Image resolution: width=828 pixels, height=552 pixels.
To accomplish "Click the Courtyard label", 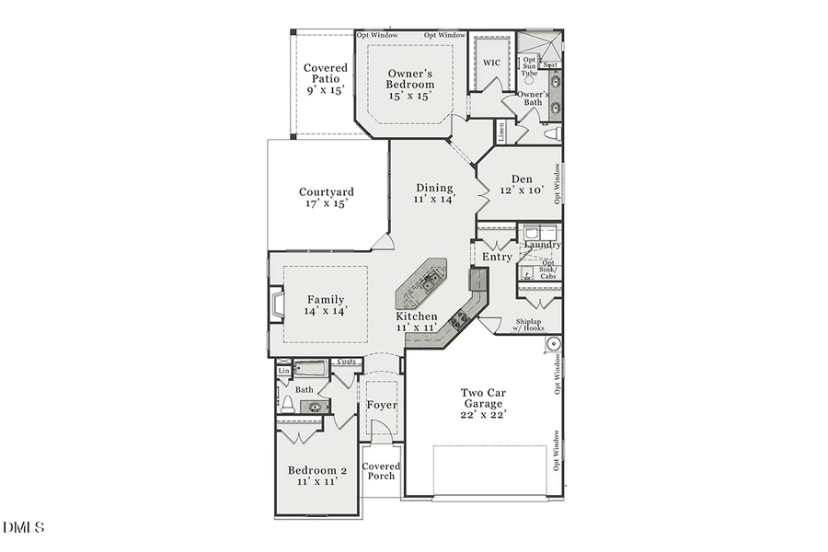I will [x=326, y=192].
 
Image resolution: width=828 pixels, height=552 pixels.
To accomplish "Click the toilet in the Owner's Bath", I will [x=553, y=134].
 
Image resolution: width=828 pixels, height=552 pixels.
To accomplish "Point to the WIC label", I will [x=492, y=63].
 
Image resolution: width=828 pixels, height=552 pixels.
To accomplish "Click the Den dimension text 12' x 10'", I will [x=522, y=190].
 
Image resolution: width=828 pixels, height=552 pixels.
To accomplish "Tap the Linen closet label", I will [x=501, y=132].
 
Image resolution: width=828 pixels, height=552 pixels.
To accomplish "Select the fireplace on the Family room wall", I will [x=275, y=305].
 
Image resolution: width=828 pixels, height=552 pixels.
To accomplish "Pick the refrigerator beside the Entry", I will [x=477, y=279].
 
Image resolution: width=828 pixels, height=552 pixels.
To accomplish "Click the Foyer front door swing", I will [x=381, y=425].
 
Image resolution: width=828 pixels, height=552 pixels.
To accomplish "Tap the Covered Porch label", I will [x=381, y=471].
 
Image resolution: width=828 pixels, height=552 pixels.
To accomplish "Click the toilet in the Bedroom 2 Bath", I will [x=287, y=403].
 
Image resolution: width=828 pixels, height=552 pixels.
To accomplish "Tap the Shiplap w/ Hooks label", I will [x=534, y=325].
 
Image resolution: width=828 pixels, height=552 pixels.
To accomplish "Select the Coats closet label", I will [x=347, y=362].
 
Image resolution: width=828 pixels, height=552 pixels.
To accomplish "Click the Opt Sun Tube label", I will [x=529, y=66].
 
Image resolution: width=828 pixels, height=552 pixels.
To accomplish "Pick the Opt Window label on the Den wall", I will [x=557, y=184].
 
